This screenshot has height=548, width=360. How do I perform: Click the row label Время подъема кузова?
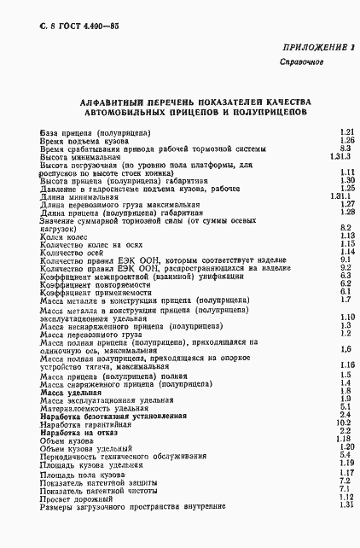click(81, 140)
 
